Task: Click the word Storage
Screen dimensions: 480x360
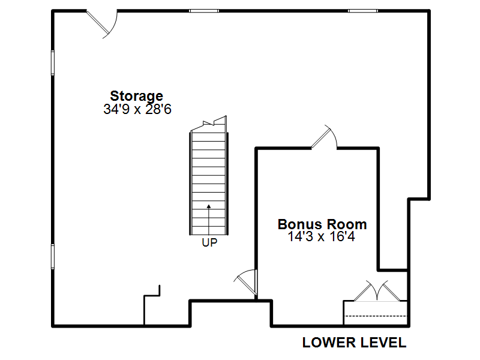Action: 137,96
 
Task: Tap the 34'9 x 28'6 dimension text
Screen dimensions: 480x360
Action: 137,109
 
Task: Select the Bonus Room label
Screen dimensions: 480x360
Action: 322,224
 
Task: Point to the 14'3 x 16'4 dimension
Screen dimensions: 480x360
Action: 322,236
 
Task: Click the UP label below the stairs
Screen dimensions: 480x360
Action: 209,243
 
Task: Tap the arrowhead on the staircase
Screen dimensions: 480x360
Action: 209,206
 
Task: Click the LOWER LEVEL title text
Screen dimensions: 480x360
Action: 354,343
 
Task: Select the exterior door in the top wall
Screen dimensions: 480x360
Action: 102,25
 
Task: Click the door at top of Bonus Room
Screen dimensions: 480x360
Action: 324,137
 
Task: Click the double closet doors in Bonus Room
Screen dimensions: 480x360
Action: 377,291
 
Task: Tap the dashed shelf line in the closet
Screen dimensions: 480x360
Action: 376,316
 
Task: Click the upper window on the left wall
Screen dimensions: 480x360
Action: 53,63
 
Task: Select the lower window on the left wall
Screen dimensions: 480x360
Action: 53,257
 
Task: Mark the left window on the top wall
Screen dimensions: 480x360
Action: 204,11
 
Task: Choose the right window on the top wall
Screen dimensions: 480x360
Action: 363,11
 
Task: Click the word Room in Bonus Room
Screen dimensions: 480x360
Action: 344,224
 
